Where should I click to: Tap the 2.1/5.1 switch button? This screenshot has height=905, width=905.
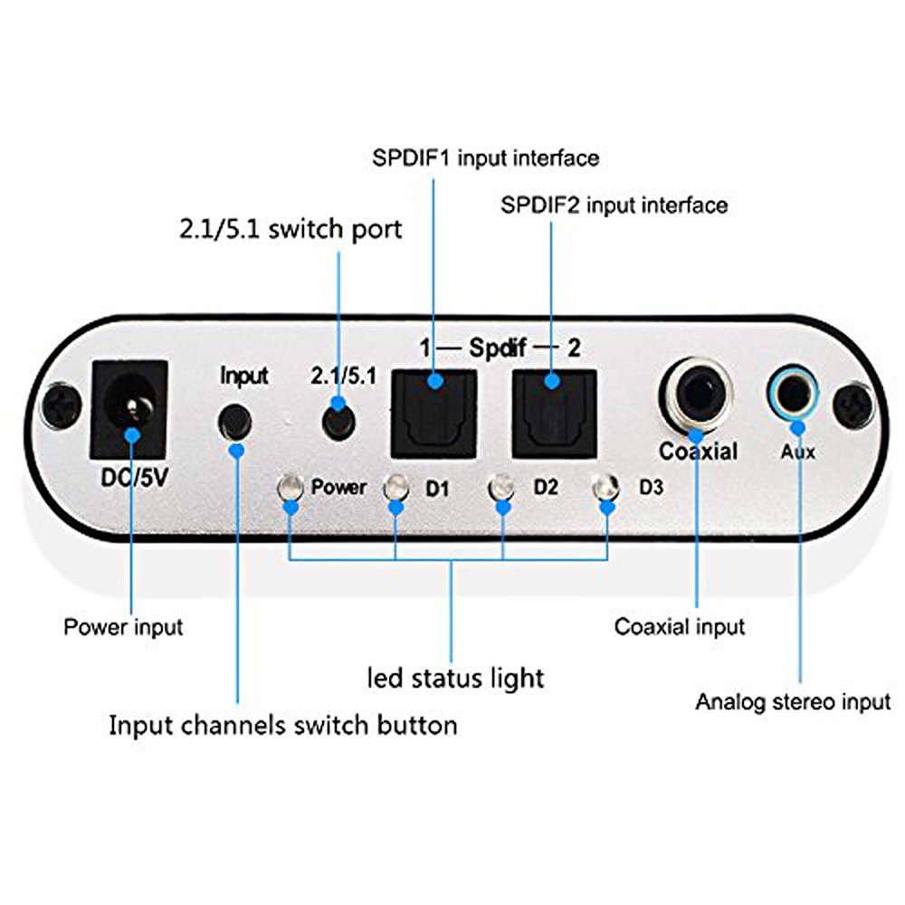coord(338,420)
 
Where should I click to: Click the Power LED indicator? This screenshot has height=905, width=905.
coord(290,489)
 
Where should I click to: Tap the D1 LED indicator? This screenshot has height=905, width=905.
coord(395,489)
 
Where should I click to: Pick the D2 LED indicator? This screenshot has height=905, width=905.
coord(500,489)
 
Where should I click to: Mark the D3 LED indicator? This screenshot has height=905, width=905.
coord(605,489)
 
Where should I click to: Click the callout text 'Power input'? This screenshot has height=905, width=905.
coord(123,626)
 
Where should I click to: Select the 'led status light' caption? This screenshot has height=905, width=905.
coord(455,676)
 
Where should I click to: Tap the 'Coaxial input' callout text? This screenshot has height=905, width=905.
coord(680,626)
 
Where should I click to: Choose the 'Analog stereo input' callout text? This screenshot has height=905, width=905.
coord(793,701)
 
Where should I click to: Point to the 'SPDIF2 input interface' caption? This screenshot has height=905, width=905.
coord(614,205)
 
